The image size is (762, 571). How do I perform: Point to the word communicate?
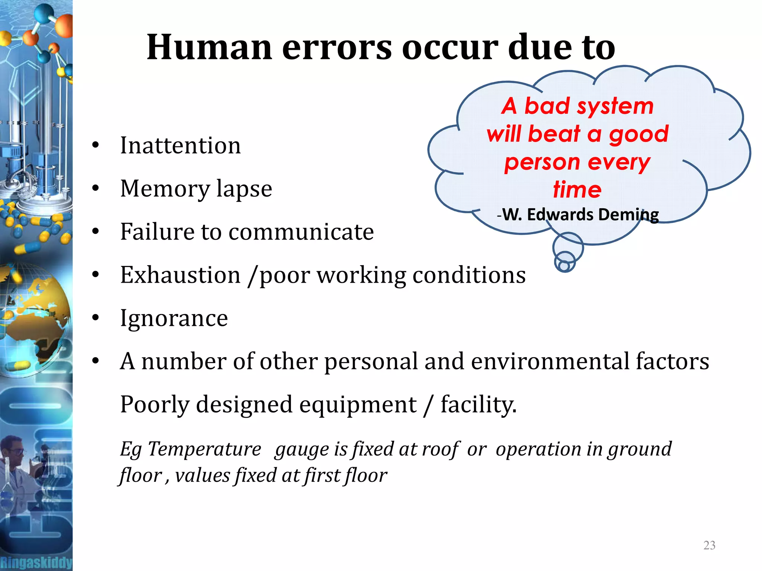(301, 232)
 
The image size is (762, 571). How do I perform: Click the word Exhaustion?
(180, 275)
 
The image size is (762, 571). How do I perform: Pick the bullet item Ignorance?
(174, 318)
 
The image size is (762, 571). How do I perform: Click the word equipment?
(358, 404)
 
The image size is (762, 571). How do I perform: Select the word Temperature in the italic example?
(205, 449)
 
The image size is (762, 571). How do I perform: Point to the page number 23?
(709, 545)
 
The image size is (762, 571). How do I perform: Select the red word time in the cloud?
(577, 189)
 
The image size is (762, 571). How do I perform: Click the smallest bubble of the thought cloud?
(564, 266)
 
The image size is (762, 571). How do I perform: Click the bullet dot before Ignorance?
(96, 318)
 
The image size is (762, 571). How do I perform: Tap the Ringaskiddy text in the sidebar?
(36, 562)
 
